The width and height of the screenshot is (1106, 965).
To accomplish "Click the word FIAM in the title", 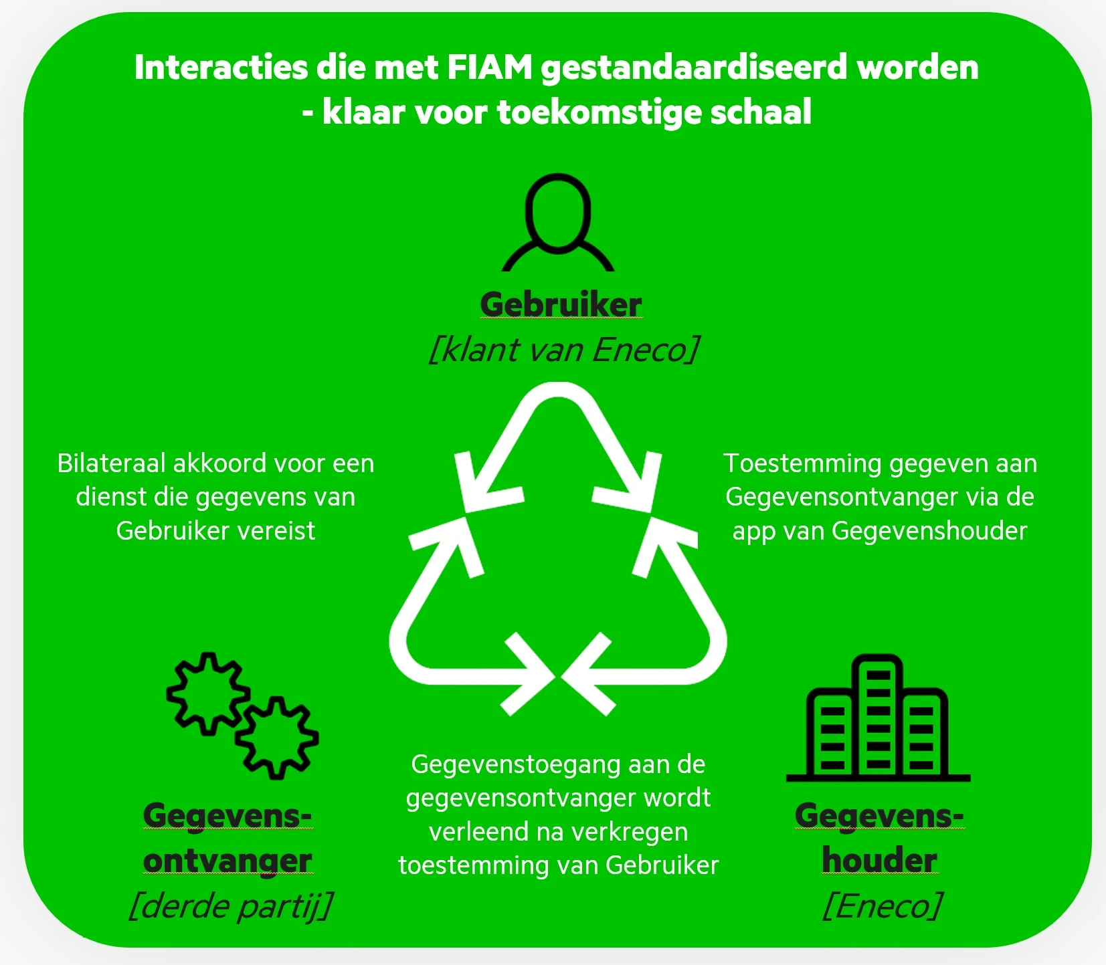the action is [490, 67].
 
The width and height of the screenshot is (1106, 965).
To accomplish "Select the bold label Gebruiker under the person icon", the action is [561, 305].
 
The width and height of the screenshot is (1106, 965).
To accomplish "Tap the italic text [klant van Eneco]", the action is [564, 350].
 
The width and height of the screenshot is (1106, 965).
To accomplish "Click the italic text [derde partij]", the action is [230, 907].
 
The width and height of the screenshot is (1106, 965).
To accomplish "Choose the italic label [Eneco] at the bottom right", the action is [882, 906].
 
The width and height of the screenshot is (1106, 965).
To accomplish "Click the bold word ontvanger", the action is [227, 861].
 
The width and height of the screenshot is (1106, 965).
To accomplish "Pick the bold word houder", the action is [879, 860].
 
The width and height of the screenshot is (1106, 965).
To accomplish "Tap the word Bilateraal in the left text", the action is [112, 463].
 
